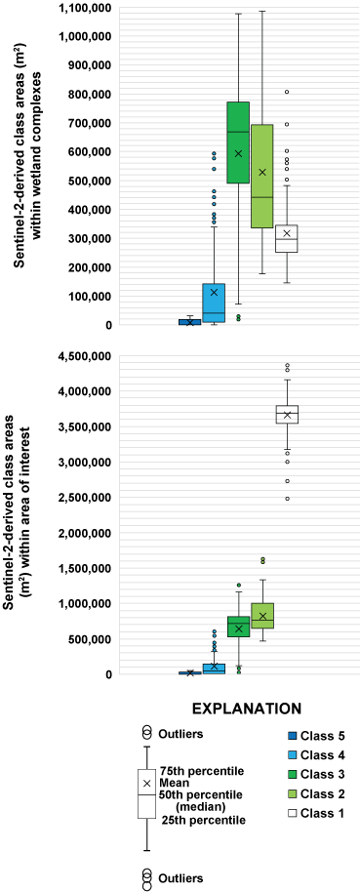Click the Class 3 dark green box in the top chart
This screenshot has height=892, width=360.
pos(238,142)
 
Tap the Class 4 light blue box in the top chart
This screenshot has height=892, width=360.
pos(214,303)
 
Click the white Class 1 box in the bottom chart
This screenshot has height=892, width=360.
pos(287,414)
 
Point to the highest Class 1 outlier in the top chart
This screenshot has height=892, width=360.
pos(287,92)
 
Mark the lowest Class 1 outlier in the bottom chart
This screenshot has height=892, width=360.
pos(287,498)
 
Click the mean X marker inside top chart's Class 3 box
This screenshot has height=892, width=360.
pos(238,153)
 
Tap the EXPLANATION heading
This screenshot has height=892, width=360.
pos(245,707)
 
